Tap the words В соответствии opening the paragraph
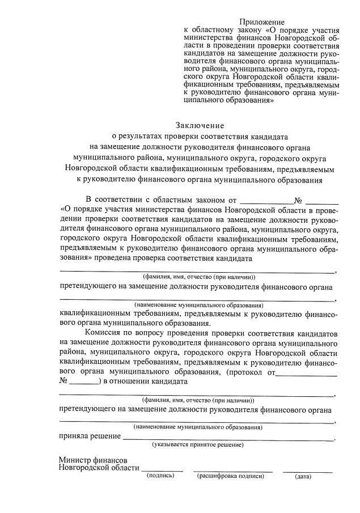click(113, 199)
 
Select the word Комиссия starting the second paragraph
click(103, 332)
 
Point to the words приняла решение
click(90, 436)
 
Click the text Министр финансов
click(93, 460)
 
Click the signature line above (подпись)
click(162, 470)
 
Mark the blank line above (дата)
click(307, 470)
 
